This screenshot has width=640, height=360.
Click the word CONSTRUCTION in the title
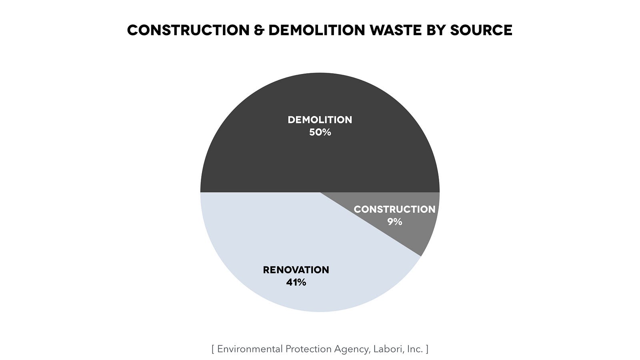point(188,30)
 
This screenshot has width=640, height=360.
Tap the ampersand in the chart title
point(259,30)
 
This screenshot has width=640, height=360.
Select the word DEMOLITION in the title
point(317,30)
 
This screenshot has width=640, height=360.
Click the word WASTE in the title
point(396,30)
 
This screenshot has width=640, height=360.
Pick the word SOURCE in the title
point(481,30)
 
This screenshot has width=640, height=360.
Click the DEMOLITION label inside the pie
point(320,120)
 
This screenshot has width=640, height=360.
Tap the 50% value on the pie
point(320,132)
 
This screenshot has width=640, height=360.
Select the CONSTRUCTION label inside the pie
point(394,210)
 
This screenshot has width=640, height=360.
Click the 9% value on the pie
point(394,222)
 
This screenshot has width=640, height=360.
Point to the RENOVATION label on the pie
point(296,270)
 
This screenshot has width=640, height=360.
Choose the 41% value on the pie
point(296,282)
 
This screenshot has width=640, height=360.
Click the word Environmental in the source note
point(250,349)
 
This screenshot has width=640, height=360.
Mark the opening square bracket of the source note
point(213,349)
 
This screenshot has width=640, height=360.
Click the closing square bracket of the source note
point(427,349)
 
